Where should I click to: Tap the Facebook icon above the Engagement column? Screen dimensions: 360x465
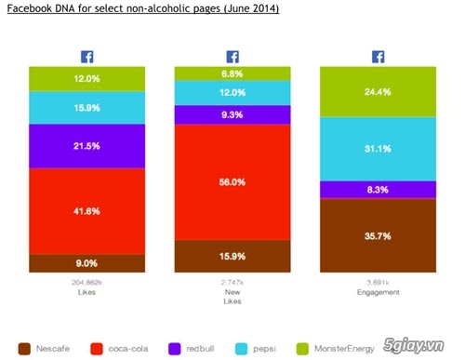click(379, 56)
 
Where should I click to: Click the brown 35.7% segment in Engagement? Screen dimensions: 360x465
click(379, 236)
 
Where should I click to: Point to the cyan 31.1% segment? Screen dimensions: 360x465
click(379, 147)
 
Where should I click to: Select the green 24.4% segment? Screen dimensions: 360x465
click(379, 91)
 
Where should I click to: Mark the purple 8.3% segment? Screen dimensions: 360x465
click(379, 189)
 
